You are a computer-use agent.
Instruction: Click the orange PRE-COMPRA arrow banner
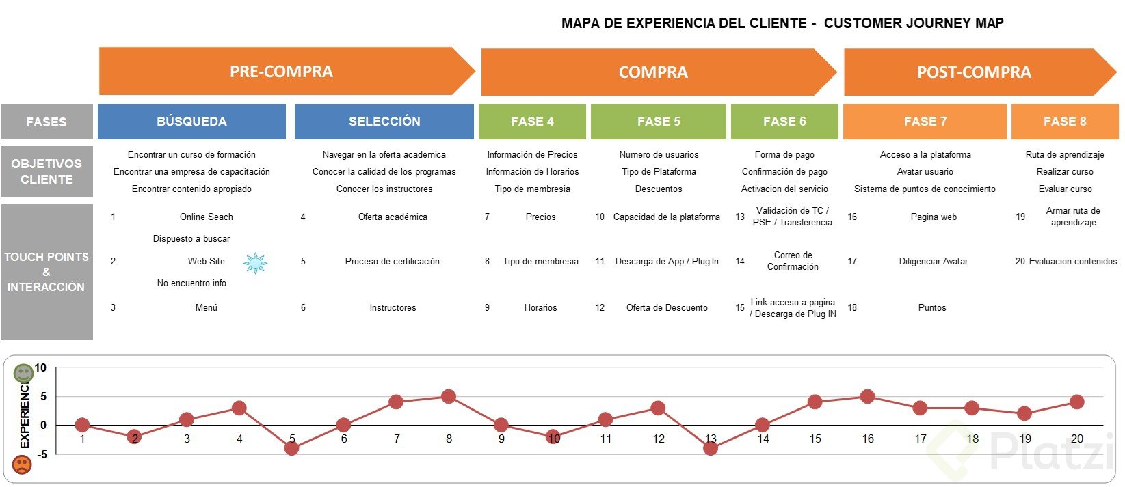pyautogui.click(x=282, y=71)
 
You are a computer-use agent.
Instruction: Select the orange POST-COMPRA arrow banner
pyautogui.click(x=974, y=72)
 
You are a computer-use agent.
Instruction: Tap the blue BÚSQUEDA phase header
pyautogui.click(x=191, y=122)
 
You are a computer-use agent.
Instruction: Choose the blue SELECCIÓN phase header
pyautogui.click(x=384, y=122)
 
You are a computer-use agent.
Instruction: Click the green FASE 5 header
pyautogui.click(x=659, y=122)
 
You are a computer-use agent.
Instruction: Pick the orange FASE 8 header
pyautogui.click(x=1065, y=122)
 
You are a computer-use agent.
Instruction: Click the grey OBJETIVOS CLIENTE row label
pyautogui.click(x=47, y=171)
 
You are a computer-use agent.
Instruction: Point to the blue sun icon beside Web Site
pyautogui.click(x=256, y=263)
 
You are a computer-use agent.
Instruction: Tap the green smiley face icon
pyautogui.click(x=23, y=373)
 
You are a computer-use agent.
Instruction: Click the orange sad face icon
pyautogui.click(x=22, y=465)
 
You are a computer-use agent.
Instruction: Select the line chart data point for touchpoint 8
pyautogui.click(x=449, y=397)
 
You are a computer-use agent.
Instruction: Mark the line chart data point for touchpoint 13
pyautogui.click(x=711, y=448)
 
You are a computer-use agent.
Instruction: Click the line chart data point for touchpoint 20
pyautogui.click(x=1077, y=402)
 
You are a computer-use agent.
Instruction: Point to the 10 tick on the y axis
pyautogui.click(x=40, y=368)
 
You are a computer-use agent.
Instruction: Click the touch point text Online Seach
pyautogui.click(x=206, y=217)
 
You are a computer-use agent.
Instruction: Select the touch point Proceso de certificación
pyautogui.click(x=392, y=261)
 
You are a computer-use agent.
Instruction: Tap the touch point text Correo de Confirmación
pyautogui.click(x=793, y=261)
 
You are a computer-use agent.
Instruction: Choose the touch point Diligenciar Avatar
pyautogui.click(x=933, y=261)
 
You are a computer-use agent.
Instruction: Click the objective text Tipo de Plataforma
pyautogui.click(x=659, y=171)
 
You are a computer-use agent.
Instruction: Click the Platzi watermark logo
pyautogui.click(x=1026, y=451)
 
